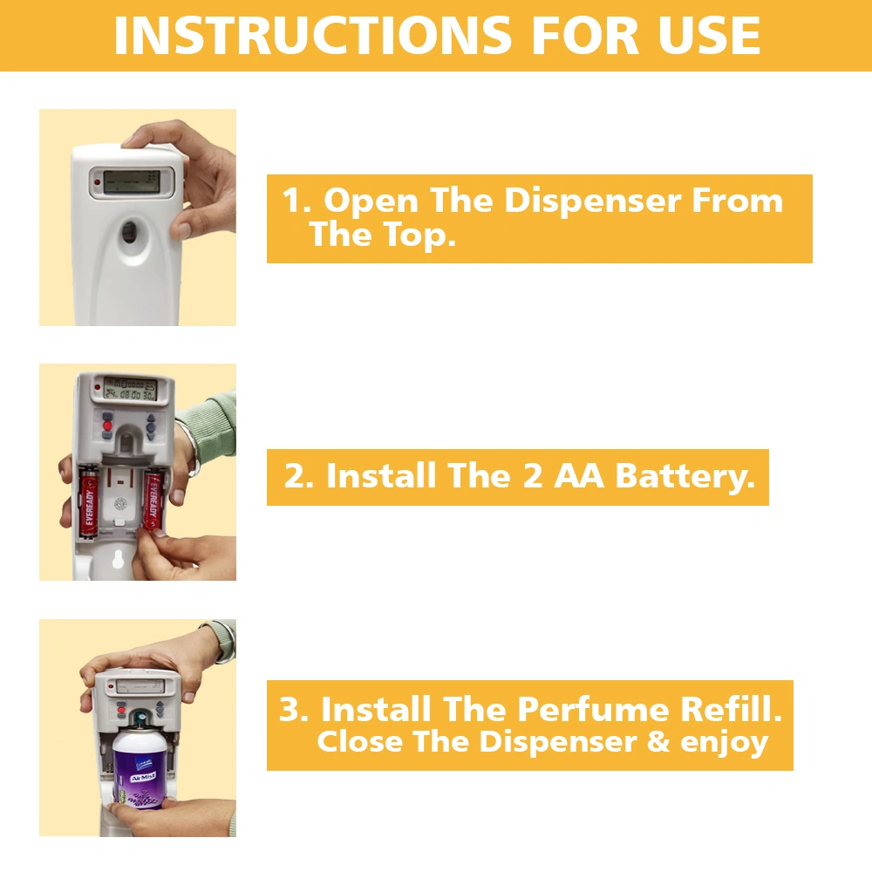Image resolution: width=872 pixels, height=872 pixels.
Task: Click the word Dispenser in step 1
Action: tap(592, 201)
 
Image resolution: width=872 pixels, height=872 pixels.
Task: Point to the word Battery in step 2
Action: tap(685, 477)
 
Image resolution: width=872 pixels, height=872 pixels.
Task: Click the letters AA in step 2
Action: tap(578, 476)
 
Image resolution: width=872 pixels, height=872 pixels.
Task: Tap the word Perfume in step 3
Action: tap(593, 710)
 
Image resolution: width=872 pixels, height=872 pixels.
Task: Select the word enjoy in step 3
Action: tap(724, 743)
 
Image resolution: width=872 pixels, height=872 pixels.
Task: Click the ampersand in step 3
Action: tap(658, 741)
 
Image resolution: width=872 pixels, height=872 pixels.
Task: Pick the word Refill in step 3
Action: tap(731, 709)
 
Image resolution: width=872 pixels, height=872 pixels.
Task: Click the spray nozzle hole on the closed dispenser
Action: tap(129, 232)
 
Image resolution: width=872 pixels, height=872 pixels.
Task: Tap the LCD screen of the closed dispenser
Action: tap(132, 182)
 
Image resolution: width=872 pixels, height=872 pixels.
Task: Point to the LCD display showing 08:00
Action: tap(130, 389)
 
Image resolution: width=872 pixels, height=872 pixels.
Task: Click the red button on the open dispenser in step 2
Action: tap(107, 426)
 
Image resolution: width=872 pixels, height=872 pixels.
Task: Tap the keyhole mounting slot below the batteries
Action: tap(118, 559)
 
